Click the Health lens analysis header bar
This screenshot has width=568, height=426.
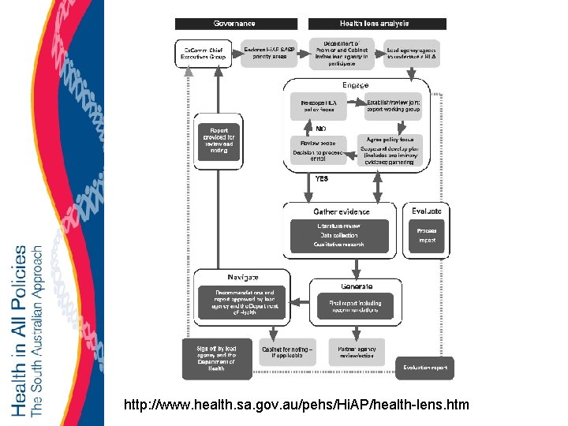point(376,24)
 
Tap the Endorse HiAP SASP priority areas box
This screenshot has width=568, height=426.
point(270,53)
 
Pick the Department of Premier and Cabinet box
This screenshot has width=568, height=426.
point(341,52)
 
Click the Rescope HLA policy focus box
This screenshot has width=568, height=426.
point(318,106)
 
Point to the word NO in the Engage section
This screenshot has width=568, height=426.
point(321,128)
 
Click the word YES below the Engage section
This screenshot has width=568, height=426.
point(321,179)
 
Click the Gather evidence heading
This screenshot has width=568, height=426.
point(341,211)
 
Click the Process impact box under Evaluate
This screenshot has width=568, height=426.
point(427,235)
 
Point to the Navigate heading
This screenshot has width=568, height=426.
point(243,277)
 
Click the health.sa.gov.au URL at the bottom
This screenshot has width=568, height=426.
point(297,405)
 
